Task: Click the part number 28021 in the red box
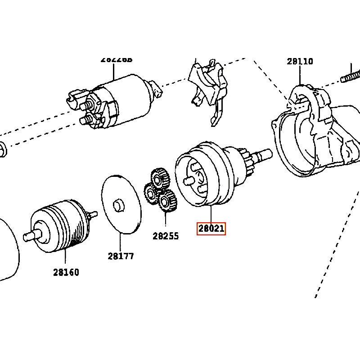(211, 229)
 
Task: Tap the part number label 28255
(166, 236)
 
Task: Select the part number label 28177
(121, 256)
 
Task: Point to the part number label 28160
(66, 272)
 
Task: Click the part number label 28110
(300, 62)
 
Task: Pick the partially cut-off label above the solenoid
(116, 59)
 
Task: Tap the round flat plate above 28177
(121, 205)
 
